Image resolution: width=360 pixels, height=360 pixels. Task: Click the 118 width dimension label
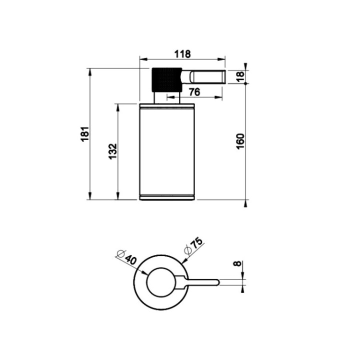point(182,54)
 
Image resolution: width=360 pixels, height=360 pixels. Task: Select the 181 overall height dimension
point(85,134)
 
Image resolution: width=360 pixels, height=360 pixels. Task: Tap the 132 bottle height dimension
point(112,151)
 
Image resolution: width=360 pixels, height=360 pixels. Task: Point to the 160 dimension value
point(240,141)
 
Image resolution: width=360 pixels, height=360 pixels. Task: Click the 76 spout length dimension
point(194,92)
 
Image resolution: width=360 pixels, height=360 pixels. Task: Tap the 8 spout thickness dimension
point(237,263)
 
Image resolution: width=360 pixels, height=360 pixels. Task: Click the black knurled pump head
point(167,79)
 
